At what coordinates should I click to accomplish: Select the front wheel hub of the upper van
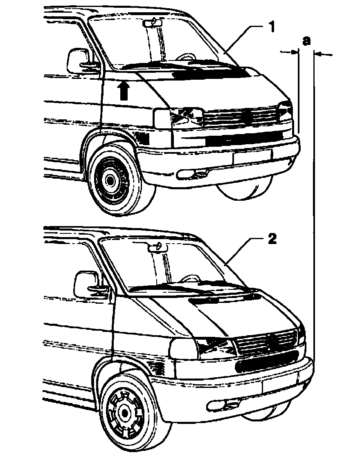pos(109,179)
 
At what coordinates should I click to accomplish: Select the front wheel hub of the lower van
pos(123,414)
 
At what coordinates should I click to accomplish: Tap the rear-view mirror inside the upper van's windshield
pos(155,23)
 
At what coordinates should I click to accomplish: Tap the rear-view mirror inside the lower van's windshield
pos(157,246)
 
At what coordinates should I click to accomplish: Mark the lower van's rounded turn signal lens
pos(183,349)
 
